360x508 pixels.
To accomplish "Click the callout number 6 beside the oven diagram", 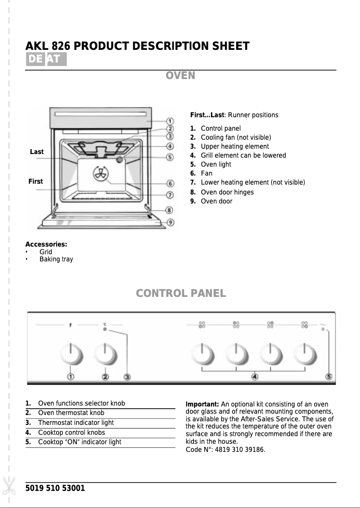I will point(170,183).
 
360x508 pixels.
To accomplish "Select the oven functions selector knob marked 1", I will point(71,354).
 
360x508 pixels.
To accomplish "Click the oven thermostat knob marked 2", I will point(105,354).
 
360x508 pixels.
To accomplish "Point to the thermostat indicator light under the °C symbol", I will point(105,330).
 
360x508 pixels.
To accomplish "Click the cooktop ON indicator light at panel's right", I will point(323,329).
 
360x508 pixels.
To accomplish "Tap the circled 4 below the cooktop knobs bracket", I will point(255,377).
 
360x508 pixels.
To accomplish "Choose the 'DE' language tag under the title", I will point(35,59).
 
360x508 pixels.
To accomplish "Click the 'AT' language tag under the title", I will point(56,59).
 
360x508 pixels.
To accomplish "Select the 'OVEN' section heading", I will point(180,75).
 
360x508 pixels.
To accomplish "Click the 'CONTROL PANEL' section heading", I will point(180,293).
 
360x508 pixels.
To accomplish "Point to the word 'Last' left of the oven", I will point(37,152).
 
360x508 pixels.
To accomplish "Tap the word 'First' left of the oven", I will point(35,181).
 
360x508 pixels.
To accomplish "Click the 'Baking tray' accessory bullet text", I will point(56,259).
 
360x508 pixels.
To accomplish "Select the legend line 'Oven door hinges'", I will point(227,192).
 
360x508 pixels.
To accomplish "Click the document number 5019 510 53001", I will point(55,488).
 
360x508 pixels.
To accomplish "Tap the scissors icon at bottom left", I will point(8,485).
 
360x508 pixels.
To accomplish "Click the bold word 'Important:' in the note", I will point(202,404).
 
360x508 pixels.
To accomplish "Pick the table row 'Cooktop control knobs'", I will point(71,433).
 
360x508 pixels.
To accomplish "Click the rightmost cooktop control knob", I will point(305,354).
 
